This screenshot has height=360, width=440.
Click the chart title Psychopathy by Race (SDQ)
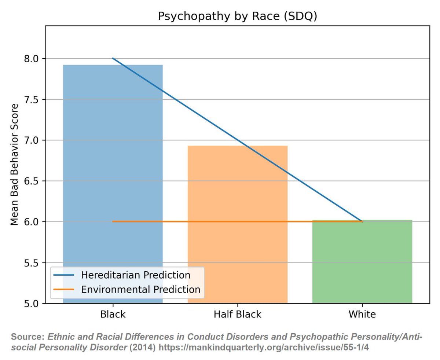point(237,16)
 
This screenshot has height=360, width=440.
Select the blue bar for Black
point(113,165)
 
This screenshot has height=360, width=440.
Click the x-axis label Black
point(113,315)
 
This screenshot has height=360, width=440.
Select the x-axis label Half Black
point(238,315)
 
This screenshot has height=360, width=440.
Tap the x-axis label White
point(362,315)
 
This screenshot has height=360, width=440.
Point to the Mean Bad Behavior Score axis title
point(14,164)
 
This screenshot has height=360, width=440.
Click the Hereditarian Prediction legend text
point(135,275)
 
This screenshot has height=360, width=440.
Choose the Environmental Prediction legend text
point(140,289)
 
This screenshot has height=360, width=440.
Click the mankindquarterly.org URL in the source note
point(264,347)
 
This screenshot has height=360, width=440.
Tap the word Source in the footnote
point(27,337)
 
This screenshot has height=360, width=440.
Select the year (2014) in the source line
point(143,347)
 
